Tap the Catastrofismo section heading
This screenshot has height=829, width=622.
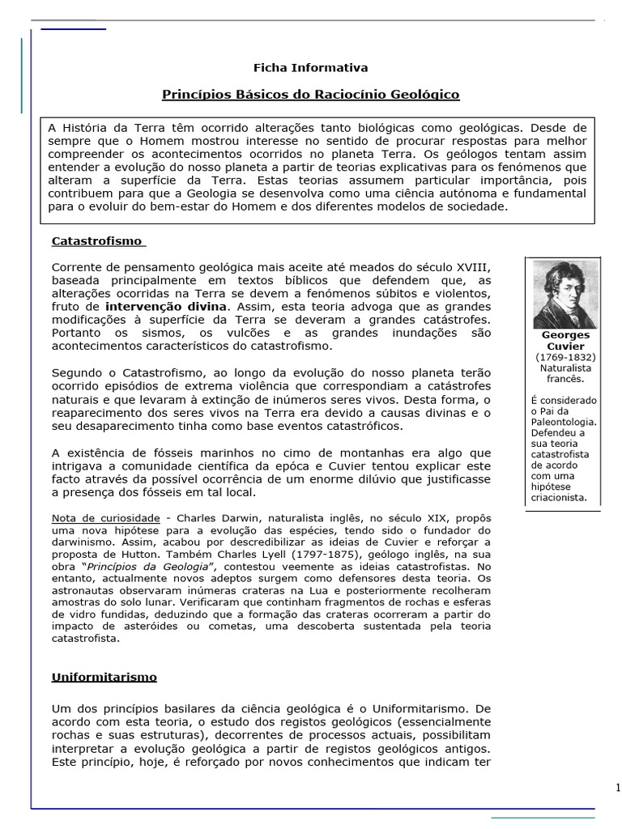pyautogui.click(x=97, y=241)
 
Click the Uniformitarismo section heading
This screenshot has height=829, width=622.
pyautogui.click(x=104, y=677)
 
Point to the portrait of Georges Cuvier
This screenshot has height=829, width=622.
pyautogui.click(x=564, y=294)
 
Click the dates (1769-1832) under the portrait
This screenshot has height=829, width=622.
pyautogui.click(x=565, y=357)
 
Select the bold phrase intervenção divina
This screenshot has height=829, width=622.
pyautogui.click(x=168, y=308)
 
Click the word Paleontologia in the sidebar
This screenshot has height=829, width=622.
pyautogui.click(x=564, y=422)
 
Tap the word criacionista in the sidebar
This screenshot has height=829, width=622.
pyautogui.click(x=560, y=498)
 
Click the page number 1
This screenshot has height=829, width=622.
pyautogui.click(x=617, y=788)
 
